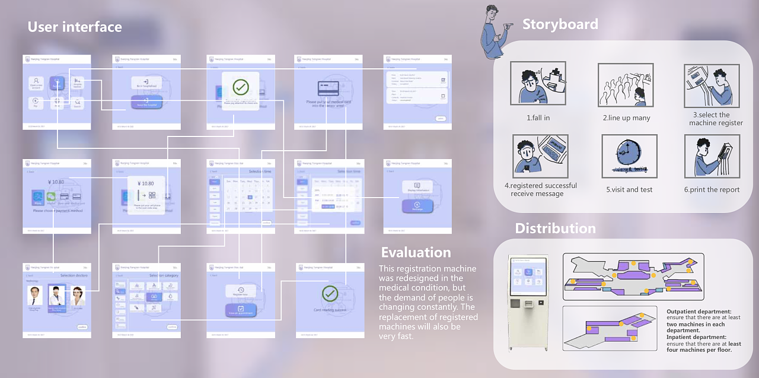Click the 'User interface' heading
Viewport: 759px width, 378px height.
(x=75, y=27)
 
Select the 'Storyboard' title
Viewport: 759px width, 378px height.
(x=560, y=24)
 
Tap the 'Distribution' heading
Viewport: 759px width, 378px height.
(x=555, y=228)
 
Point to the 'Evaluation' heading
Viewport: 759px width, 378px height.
(x=416, y=252)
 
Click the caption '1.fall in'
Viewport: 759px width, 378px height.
(x=538, y=118)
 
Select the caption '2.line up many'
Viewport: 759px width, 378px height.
(x=626, y=118)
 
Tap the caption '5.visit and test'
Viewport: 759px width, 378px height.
(x=629, y=190)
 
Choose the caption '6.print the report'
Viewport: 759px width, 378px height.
(x=712, y=190)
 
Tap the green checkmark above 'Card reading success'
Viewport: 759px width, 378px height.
(x=330, y=293)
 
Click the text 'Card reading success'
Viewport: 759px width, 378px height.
(x=330, y=310)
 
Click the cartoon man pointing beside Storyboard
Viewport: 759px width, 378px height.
(x=494, y=33)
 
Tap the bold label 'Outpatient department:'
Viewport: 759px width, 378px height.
(x=699, y=312)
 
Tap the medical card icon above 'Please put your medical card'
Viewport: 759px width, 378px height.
(x=328, y=88)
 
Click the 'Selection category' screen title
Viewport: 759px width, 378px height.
(x=163, y=276)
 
